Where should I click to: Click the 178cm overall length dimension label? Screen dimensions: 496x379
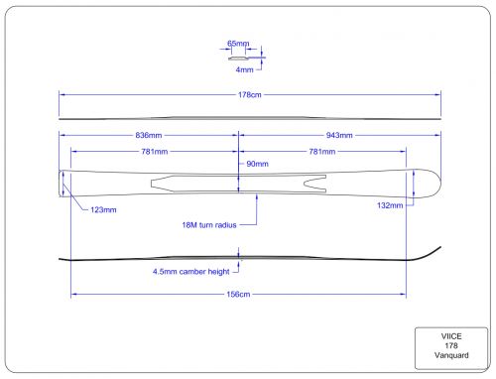[250, 95]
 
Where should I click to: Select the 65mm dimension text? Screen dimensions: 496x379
[238, 44]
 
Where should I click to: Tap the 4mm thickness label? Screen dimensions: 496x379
[244, 69]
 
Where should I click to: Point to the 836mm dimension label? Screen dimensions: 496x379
[149, 135]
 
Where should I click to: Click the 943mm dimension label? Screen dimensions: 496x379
[339, 135]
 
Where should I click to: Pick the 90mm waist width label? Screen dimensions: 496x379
[257, 164]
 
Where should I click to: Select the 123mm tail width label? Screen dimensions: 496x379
[103, 210]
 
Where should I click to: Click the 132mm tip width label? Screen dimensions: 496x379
[390, 205]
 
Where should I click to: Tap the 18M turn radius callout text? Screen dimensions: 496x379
[209, 225]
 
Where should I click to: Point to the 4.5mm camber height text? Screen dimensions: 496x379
[190, 272]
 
